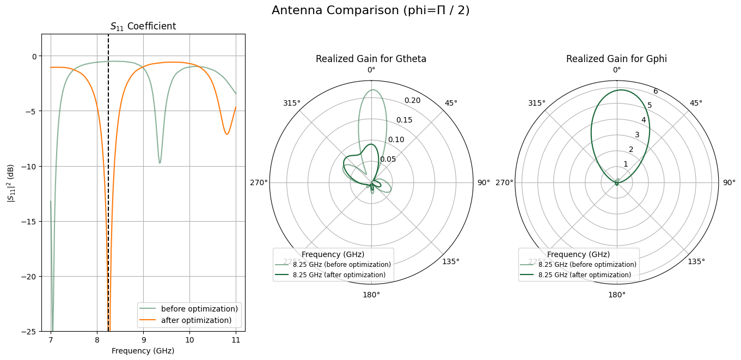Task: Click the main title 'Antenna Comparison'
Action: click(x=370, y=10)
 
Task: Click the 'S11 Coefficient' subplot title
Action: click(x=143, y=26)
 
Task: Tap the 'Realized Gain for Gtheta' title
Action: click(x=371, y=59)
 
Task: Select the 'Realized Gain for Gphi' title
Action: click(x=616, y=59)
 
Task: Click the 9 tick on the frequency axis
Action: click(x=143, y=340)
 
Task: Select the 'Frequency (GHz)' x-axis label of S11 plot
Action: click(x=143, y=351)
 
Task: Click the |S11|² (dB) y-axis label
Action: click(x=10, y=182)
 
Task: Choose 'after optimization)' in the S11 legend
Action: click(x=196, y=320)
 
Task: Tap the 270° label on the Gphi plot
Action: click(x=504, y=182)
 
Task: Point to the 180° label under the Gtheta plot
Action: click(x=371, y=295)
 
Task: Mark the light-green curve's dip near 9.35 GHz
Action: click(x=160, y=163)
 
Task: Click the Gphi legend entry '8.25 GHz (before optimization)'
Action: click(x=587, y=265)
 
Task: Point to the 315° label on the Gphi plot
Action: click(x=537, y=103)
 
